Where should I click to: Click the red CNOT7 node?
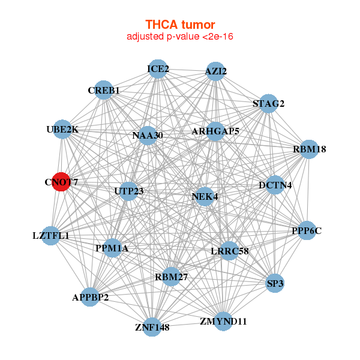(x=61, y=181)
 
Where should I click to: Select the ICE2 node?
(x=157, y=69)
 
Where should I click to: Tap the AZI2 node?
(x=215, y=71)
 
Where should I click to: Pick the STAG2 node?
(x=268, y=104)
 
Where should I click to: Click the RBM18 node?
(x=308, y=149)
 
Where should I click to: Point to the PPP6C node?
(x=307, y=230)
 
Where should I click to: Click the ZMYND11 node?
(x=223, y=321)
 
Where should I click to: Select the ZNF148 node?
(x=152, y=327)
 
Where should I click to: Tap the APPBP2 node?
(x=90, y=298)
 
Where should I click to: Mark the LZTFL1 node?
(x=52, y=236)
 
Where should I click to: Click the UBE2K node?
(x=63, y=130)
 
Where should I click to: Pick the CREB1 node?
(x=104, y=91)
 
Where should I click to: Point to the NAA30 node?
(x=147, y=135)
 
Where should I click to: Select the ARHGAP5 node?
(x=215, y=131)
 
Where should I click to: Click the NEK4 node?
(x=205, y=196)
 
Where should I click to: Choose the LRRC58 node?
(x=229, y=251)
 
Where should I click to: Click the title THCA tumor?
(x=180, y=25)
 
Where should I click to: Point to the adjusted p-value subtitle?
(x=180, y=37)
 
